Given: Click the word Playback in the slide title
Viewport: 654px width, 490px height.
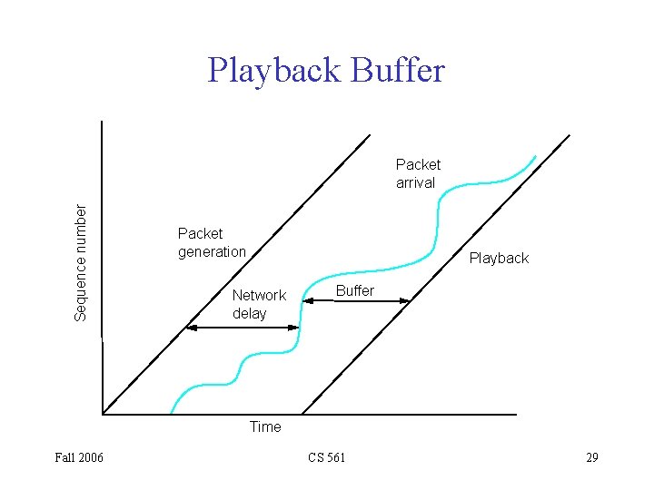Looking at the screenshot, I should (x=269, y=71).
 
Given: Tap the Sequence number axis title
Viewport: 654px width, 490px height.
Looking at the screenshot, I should (x=81, y=261).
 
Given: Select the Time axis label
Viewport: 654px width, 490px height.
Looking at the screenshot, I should (x=265, y=426).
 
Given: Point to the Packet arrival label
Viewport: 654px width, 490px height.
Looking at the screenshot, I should (x=418, y=173).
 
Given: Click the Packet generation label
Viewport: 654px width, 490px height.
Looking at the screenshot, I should (x=212, y=242).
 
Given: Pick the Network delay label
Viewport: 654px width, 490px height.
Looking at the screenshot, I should (x=259, y=304).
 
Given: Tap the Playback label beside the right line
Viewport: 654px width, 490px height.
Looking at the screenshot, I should (x=499, y=259).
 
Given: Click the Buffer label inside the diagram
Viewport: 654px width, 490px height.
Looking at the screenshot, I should (x=355, y=290).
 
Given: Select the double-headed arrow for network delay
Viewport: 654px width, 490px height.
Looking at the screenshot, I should (x=242, y=328).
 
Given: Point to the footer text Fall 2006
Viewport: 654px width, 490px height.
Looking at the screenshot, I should (x=79, y=457).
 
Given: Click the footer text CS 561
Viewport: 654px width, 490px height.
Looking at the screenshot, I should (x=326, y=457).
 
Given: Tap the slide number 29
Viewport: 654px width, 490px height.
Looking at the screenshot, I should (x=591, y=457).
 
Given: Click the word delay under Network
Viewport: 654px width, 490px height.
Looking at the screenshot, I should (x=250, y=313).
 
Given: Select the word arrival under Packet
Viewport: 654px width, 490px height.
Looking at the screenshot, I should (x=415, y=182).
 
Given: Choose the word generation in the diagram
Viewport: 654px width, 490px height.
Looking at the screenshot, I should (x=212, y=251).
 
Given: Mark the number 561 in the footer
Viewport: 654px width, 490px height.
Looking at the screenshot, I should (x=335, y=457).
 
